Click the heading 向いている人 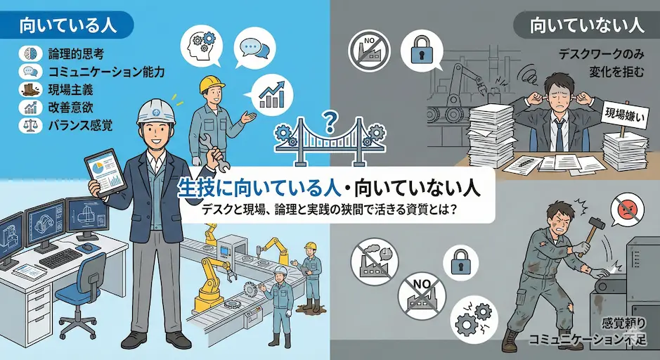coord(67,25)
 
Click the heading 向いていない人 coord(587,25)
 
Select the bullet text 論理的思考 coord(76,54)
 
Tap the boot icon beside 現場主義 coord(30,89)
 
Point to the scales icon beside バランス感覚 coord(30,125)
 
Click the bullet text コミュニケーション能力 coord(106,72)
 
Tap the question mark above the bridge coord(330,121)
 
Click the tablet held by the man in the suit coord(105,173)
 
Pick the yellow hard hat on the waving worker coord(212,84)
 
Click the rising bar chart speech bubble coord(269,96)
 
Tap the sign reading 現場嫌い coord(625,115)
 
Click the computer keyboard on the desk coord(61,258)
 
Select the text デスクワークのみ coord(601,54)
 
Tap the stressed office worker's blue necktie coord(559,135)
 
